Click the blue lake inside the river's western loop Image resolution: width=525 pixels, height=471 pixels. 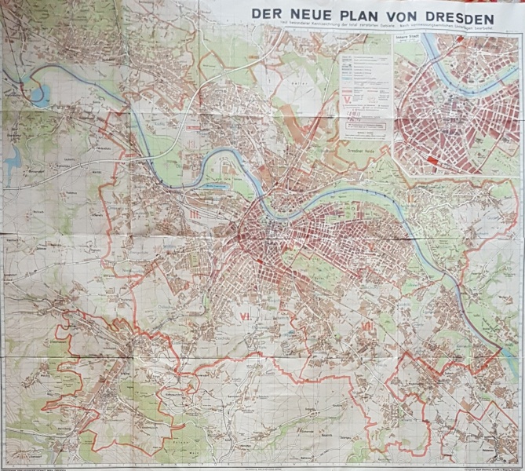39,95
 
